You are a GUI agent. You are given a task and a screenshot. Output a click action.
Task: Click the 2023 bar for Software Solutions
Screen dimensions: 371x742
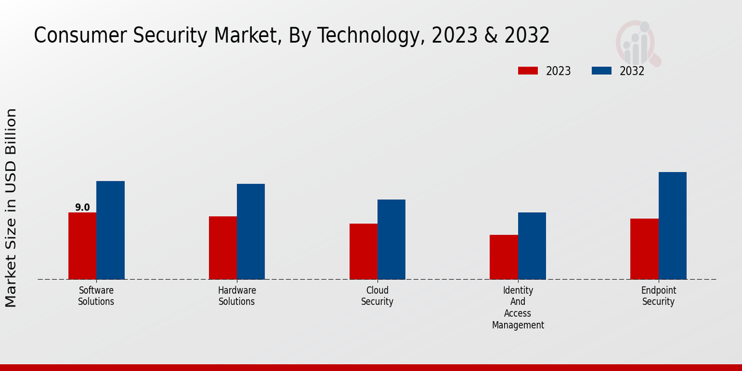point(82,246)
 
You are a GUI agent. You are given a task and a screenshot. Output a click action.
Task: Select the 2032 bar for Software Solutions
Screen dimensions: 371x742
point(110,230)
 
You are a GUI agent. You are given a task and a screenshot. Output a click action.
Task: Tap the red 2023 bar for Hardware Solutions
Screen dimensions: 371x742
point(223,248)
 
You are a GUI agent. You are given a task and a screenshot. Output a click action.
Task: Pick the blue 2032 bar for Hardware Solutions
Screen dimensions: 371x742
point(250,231)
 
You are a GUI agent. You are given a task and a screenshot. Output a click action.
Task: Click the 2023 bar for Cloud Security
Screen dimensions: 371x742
point(363,252)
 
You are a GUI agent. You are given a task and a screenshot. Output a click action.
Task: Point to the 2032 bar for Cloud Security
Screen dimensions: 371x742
point(391,239)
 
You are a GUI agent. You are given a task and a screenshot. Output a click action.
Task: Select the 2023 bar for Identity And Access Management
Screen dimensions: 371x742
point(503,257)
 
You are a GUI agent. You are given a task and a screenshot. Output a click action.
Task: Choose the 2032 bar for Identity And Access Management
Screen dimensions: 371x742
point(532,246)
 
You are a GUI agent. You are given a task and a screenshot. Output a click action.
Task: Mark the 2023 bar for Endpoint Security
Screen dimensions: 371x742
point(644,249)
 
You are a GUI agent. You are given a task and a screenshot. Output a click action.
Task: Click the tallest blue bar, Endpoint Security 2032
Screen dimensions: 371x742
point(672,226)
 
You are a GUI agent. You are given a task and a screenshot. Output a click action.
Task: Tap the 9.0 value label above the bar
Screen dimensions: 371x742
point(82,208)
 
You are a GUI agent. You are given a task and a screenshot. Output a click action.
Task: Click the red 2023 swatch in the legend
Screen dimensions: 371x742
point(527,70)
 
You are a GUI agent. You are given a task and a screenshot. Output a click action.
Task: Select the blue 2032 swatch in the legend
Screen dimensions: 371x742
point(602,70)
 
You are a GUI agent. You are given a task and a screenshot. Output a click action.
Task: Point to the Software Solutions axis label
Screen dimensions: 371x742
point(96,296)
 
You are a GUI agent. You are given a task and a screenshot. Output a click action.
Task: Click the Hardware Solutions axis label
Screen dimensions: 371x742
point(237,296)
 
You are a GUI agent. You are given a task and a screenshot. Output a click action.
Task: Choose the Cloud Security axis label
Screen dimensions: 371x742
point(377,296)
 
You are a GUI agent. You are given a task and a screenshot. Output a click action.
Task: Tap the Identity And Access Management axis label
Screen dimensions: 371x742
point(518,308)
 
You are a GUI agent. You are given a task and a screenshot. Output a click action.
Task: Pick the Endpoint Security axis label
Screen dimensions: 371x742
point(659,296)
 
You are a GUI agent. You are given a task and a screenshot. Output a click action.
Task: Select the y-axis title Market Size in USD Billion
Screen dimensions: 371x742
point(11,208)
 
